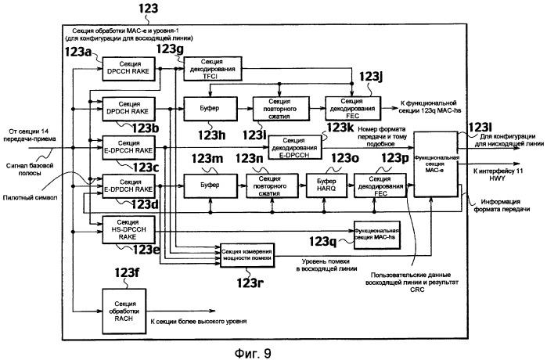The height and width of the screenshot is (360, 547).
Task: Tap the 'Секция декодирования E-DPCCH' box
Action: point(294,146)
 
